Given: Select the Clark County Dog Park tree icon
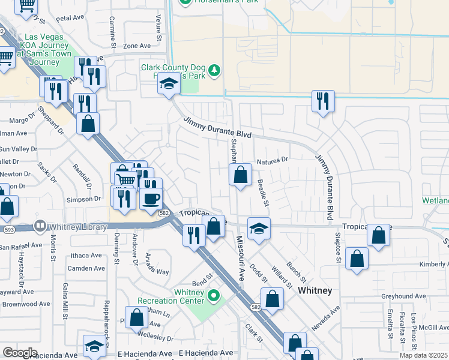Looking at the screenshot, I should tap(214, 72).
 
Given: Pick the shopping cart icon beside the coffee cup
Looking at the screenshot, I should tap(125, 178).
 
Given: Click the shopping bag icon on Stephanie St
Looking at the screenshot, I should tap(240, 175).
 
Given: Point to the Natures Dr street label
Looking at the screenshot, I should tap(273, 161).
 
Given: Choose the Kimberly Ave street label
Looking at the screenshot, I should tap(434, 264).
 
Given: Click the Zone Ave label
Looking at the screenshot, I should tap(136, 46).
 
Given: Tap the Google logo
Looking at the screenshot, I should tap(20, 353).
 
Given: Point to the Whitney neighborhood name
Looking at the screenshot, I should tap(315, 290).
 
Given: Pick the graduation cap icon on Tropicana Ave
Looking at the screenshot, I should tap(259, 229).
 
